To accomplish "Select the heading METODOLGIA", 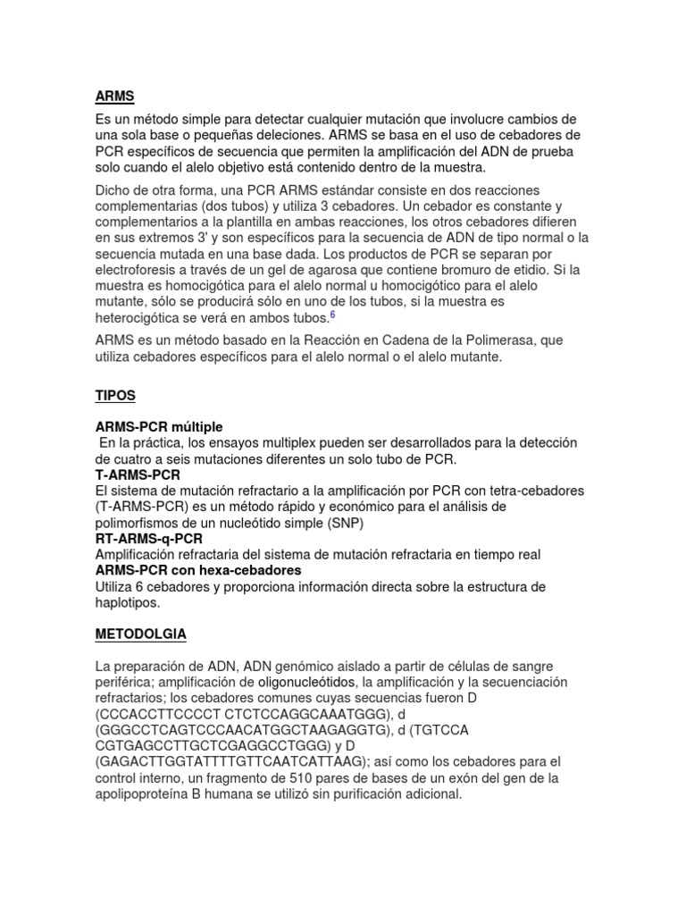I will (140, 634).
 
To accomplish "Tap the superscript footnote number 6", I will (332, 315).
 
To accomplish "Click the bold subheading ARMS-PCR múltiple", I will (159, 427).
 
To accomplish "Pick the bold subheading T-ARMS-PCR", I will (137, 475).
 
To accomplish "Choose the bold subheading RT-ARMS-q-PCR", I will (148, 539).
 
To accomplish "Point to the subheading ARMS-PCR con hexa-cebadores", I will (197, 570).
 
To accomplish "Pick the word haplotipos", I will (128, 603).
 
